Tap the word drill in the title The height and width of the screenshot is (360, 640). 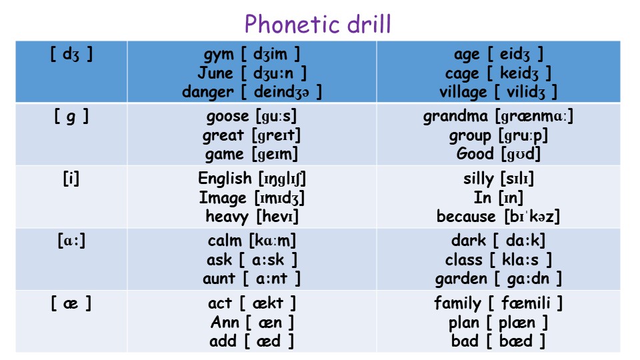tap(369, 24)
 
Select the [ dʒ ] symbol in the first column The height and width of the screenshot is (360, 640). tap(71, 54)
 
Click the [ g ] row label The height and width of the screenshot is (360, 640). tap(71, 117)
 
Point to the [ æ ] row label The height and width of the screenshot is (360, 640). tap(71, 303)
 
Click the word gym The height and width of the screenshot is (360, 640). tap(219, 55)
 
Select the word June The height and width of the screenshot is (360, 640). tap(215, 73)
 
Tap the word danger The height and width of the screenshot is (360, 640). tap(208, 92)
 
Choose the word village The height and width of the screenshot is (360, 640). tap(463, 92)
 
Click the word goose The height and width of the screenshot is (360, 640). tap(227, 117)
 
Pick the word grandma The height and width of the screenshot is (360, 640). tap(455, 117)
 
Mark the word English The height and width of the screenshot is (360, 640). tap(225, 179)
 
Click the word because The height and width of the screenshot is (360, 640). tap(466, 216)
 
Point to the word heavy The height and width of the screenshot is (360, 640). tap(227, 217)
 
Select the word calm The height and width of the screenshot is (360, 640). tap(225, 241)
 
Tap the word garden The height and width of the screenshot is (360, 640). tap(461, 279)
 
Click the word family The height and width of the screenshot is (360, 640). tap(457, 304)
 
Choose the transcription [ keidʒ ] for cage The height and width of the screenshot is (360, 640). tap(519, 73)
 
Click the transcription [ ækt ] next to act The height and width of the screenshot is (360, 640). tap(268, 303)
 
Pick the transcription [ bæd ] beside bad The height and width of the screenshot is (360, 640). tap(516, 341)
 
